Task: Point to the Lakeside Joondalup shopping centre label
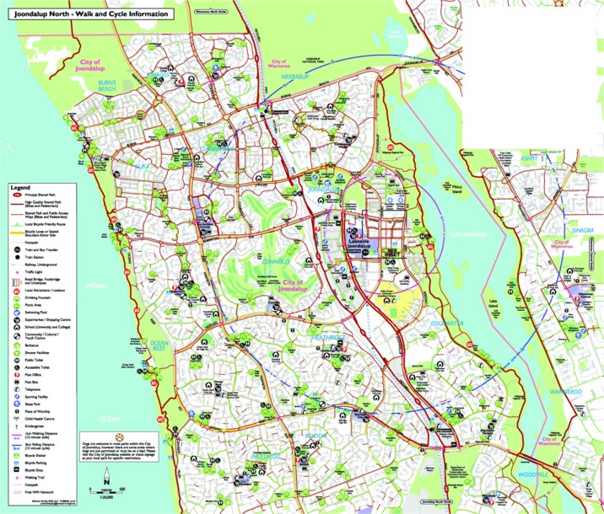click(364, 242)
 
